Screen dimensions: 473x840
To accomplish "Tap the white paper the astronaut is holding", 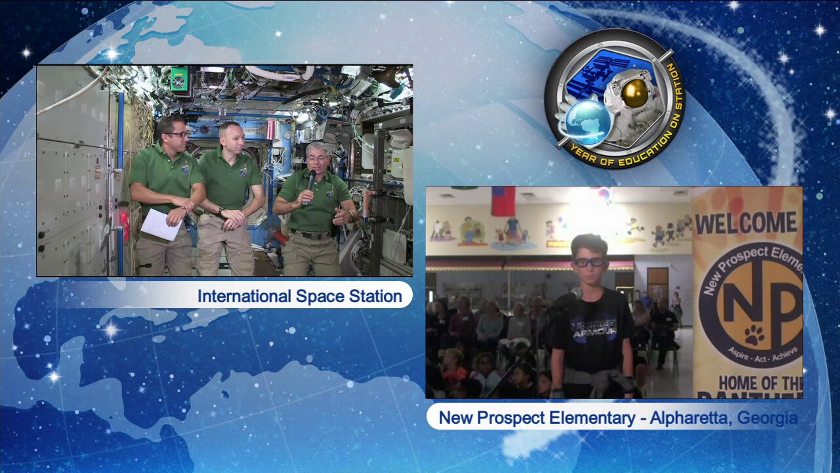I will coord(161,224).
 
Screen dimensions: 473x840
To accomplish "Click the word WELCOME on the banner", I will coord(746,223).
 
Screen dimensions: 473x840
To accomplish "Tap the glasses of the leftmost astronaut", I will coord(176,134).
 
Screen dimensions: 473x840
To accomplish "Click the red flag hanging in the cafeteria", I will coord(503,200).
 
